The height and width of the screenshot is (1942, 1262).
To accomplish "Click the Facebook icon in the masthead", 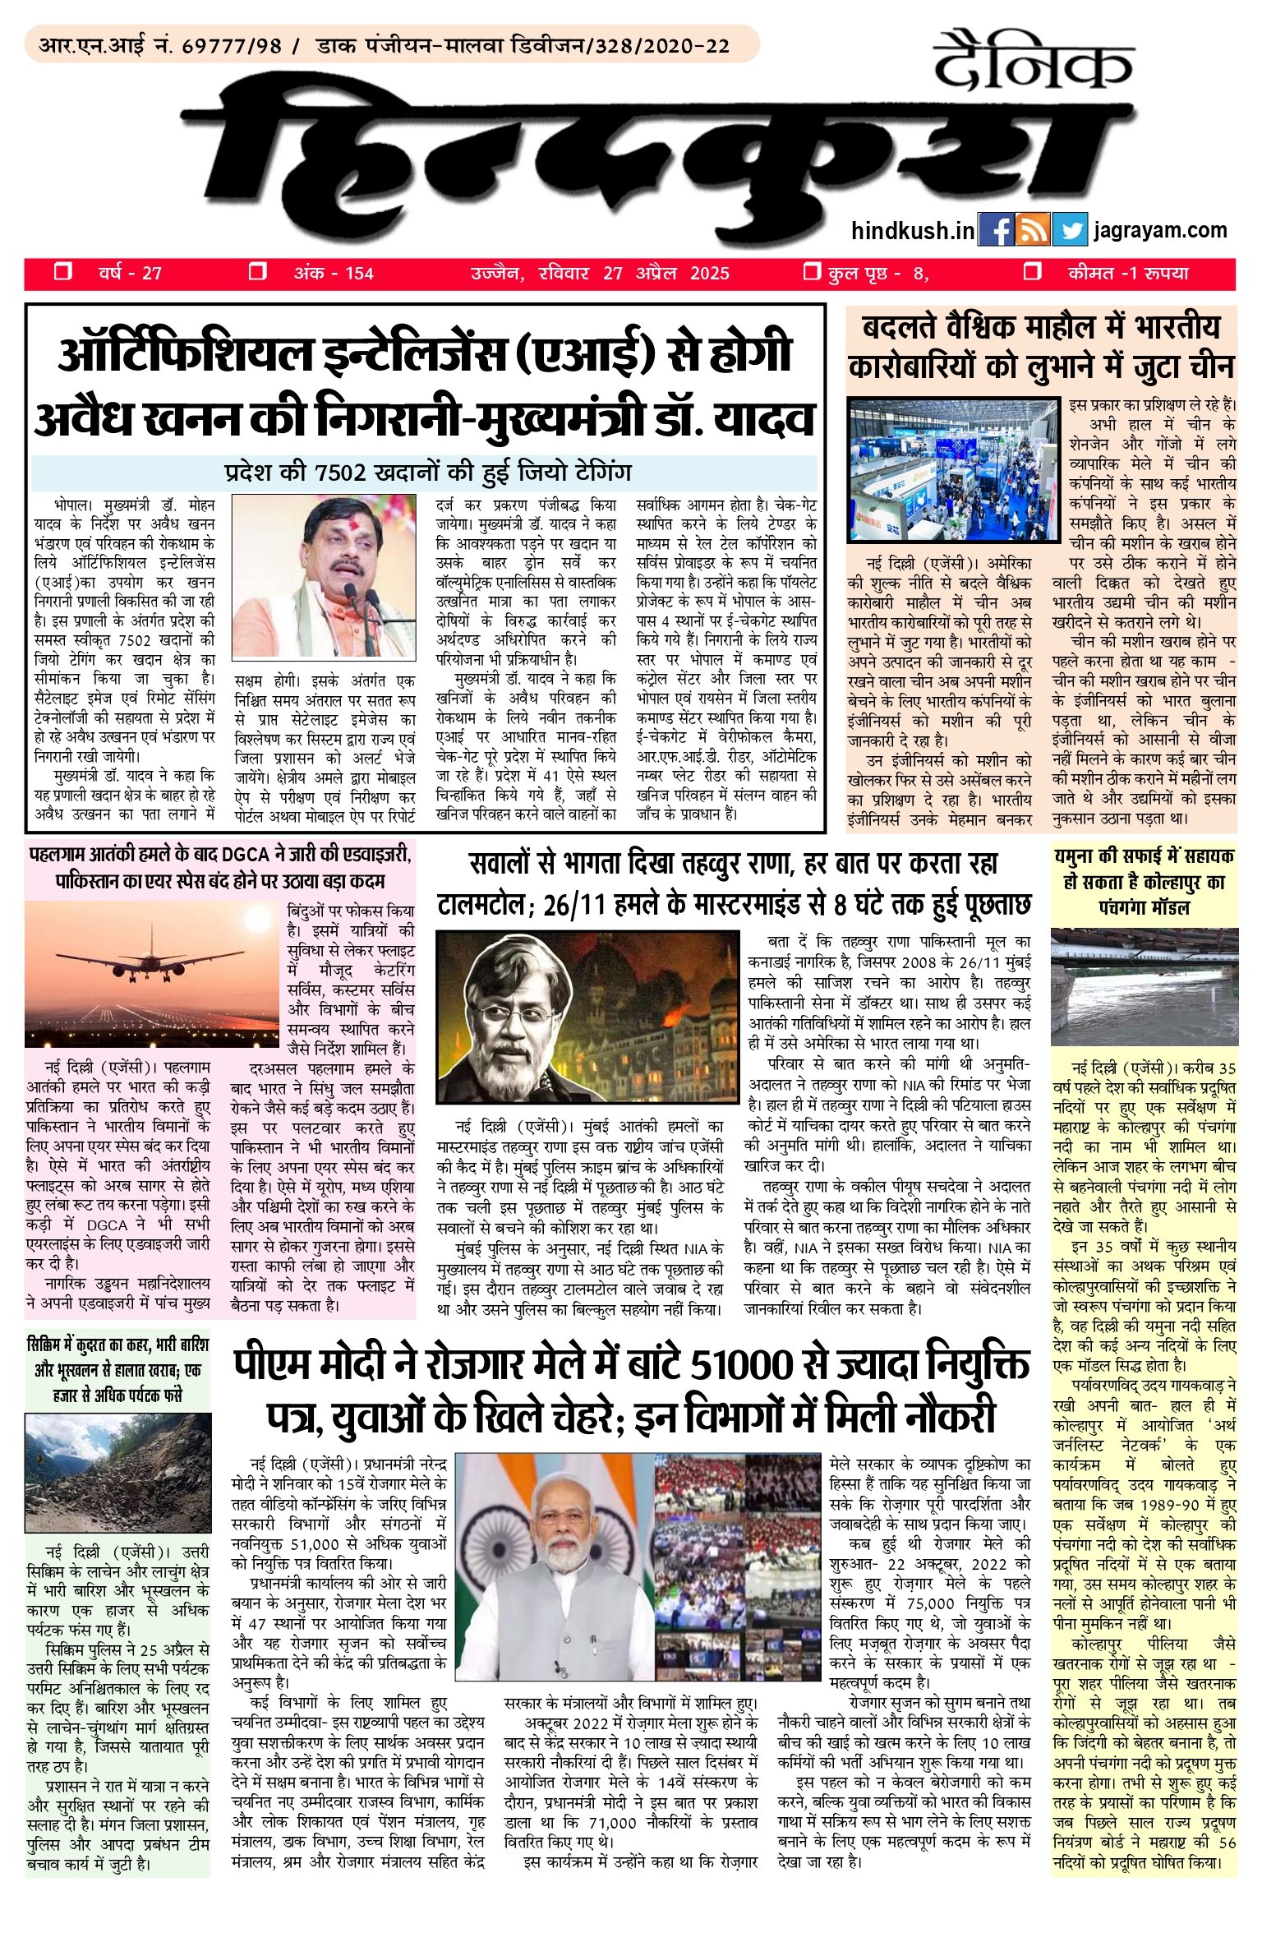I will point(996,230).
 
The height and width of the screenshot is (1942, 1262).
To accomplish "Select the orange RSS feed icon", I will point(1032,230).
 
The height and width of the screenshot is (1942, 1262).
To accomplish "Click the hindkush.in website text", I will point(912,230).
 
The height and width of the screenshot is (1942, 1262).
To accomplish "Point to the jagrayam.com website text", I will point(1159,230).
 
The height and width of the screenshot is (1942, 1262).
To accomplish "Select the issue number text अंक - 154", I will point(334,273).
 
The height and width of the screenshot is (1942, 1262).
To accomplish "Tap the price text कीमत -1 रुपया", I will point(1128,273).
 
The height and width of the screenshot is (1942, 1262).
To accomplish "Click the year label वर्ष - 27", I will point(130,273).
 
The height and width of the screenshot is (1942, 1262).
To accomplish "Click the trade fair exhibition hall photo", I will point(953,470).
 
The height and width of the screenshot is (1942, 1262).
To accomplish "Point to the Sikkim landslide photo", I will point(118,1473).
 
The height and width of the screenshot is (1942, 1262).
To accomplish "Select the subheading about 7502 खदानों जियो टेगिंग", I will point(427,473).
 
